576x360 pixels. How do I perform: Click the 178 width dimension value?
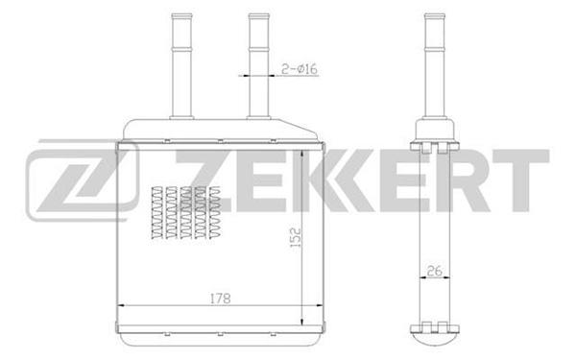221,298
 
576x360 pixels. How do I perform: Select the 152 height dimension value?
296,237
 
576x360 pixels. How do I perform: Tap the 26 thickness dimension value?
434,271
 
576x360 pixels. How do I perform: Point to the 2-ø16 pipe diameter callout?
299,69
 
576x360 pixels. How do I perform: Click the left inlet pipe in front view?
181,66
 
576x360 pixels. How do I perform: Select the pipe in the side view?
435,66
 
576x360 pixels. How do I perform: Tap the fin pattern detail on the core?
186,213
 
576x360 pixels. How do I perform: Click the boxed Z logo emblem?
83,180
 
